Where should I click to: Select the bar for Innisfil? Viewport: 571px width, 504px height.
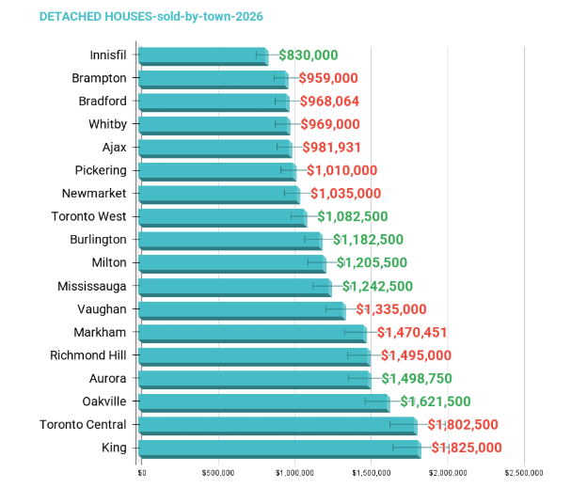point(202,55)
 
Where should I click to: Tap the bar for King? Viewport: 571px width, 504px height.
point(278,448)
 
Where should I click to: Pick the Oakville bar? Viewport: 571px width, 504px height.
point(263,402)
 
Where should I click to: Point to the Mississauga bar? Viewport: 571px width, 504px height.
point(234,286)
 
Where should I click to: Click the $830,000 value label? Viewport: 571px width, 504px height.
point(308,55)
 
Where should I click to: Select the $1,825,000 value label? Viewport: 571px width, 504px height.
point(467,448)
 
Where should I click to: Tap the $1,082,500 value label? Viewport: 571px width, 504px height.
point(352,216)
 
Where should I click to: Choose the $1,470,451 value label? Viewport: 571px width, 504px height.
point(412,332)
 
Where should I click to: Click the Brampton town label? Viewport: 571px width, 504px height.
point(100,78)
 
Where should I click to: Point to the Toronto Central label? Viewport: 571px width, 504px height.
point(84,424)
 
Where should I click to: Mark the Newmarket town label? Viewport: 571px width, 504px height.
point(95,194)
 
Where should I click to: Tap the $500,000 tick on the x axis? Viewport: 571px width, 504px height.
point(217,473)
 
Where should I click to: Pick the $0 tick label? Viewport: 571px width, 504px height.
point(142,473)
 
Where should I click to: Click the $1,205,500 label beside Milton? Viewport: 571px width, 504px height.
point(372,262)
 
